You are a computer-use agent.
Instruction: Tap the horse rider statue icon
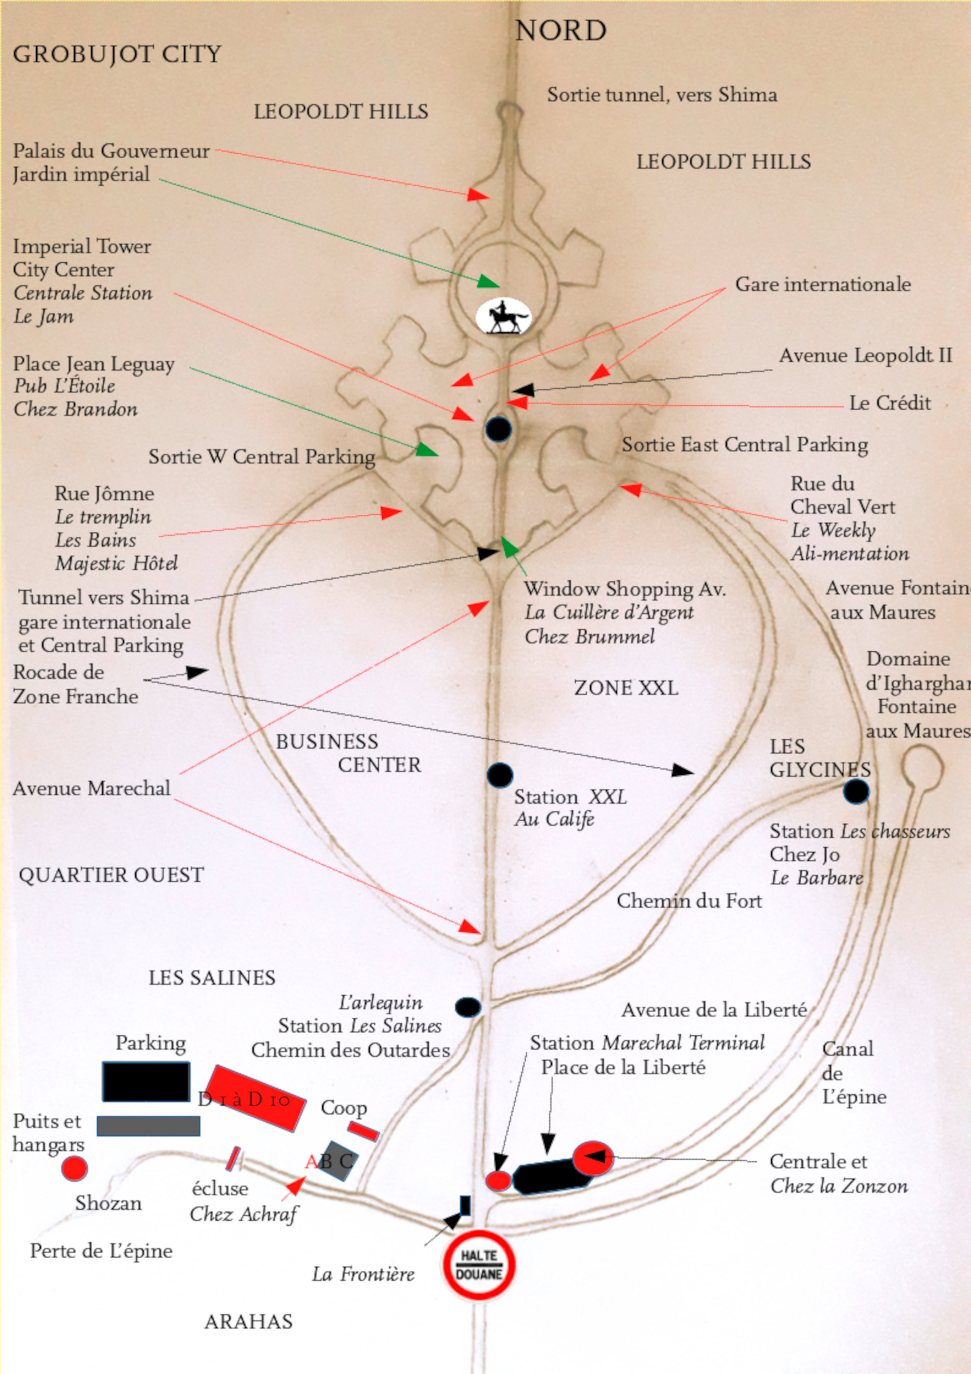point(502,317)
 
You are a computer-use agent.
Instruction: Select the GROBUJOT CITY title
point(117,54)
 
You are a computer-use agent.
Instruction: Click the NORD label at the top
point(561,30)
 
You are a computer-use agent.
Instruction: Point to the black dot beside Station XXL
point(499,775)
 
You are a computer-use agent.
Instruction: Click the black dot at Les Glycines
point(856,791)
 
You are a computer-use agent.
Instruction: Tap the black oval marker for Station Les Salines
point(468,1007)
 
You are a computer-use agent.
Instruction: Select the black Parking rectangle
point(146,1081)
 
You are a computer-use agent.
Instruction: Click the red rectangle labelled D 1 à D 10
point(255,1098)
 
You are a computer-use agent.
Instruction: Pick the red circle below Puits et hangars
point(75,1168)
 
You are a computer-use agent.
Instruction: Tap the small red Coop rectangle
point(363,1130)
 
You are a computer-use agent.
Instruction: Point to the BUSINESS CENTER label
point(348,753)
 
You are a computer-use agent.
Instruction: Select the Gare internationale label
point(823,284)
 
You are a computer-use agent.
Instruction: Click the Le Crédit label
point(890,403)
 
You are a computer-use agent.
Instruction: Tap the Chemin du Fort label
point(689,901)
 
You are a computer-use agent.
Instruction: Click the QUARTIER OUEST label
point(111,875)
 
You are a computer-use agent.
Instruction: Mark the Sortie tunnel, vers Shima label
point(662,95)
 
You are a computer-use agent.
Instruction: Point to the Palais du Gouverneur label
point(111,151)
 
